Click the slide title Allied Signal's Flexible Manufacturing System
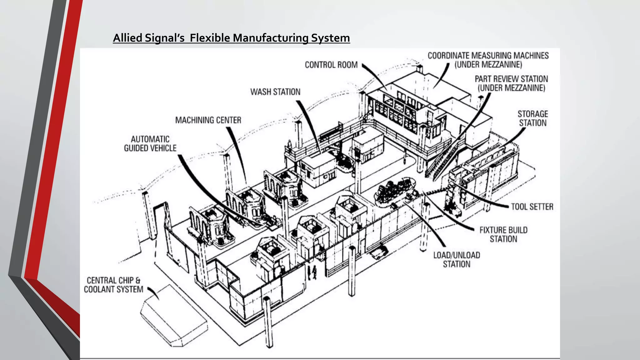[x=231, y=38]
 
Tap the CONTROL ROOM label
[x=331, y=65]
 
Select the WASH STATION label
[x=275, y=92]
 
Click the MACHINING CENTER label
[x=208, y=120]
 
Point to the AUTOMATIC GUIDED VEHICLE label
[x=150, y=143]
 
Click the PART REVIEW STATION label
[x=511, y=83]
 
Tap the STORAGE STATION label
[x=532, y=118]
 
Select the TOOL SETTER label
[x=532, y=207]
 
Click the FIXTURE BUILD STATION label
[x=503, y=234]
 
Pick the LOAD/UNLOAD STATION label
[x=456, y=259]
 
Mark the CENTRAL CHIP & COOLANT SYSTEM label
[x=113, y=285]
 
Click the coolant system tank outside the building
[x=173, y=316]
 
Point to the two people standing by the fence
[x=312, y=272]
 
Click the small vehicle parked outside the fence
[x=379, y=252]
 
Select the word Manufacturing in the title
[x=271, y=38]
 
